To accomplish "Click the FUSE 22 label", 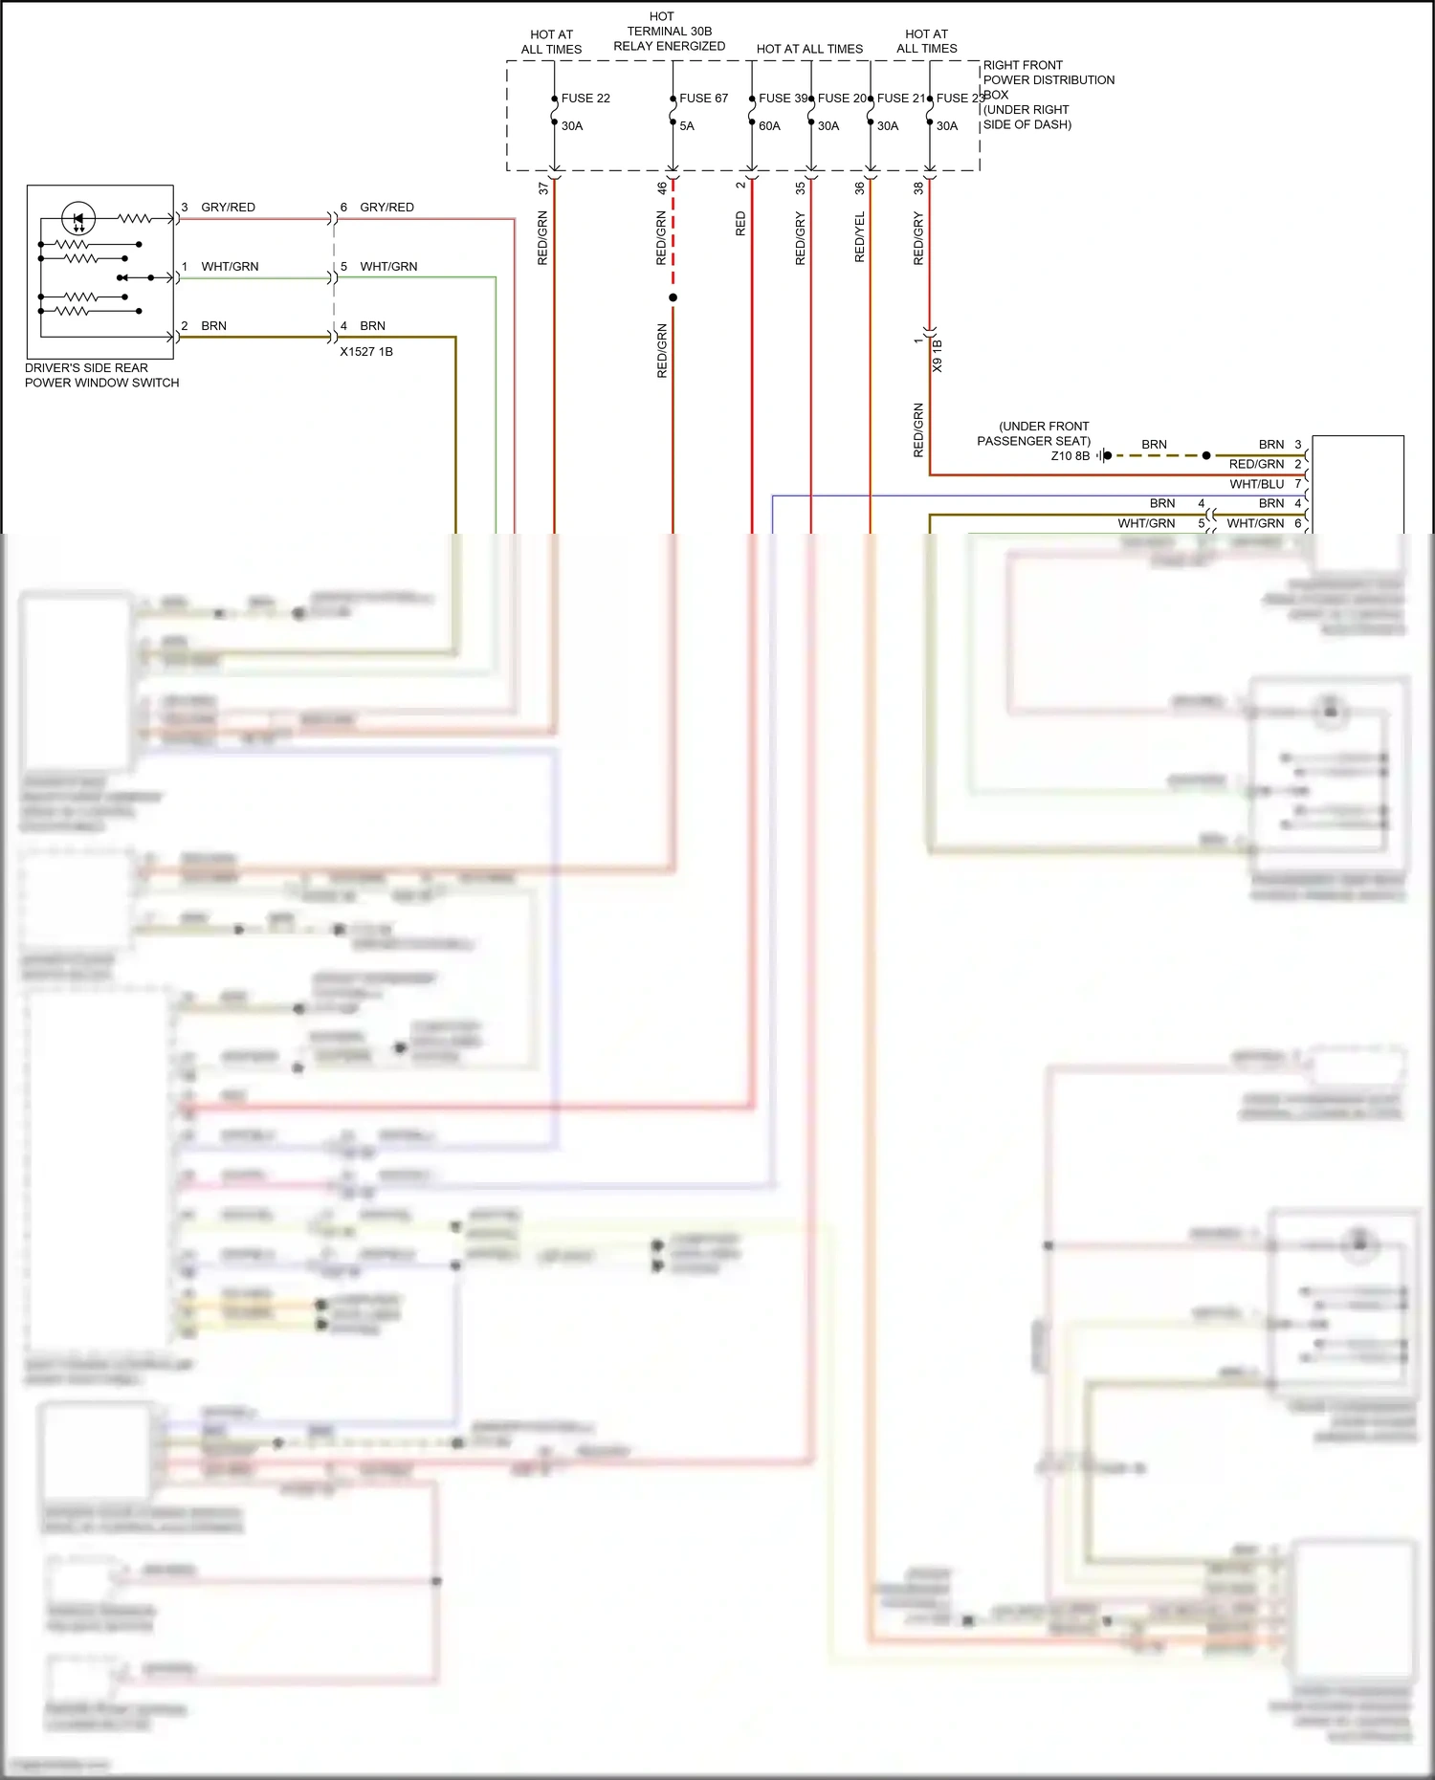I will point(585,99).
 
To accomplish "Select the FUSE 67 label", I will point(703,99).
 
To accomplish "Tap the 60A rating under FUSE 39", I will point(769,126).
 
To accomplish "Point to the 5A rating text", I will point(687,126).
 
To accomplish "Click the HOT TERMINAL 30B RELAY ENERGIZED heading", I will point(669,32).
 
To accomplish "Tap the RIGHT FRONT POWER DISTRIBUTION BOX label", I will point(1049,80).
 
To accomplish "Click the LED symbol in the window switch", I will point(78,219).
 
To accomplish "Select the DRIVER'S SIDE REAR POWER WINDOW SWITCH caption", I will point(101,375).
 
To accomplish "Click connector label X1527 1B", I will point(366,352).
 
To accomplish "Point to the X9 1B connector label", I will point(937,356).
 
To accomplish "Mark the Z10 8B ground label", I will point(1070,456).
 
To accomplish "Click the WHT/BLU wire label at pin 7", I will point(1256,484).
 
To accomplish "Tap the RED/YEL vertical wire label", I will point(859,237).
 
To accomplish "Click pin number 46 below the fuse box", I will point(661,188).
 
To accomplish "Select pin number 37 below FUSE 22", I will point(542,188).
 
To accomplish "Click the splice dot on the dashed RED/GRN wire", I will point(673,297).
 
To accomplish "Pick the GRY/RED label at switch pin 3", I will point(228,208).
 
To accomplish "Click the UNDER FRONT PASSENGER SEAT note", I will point(1033,433).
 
